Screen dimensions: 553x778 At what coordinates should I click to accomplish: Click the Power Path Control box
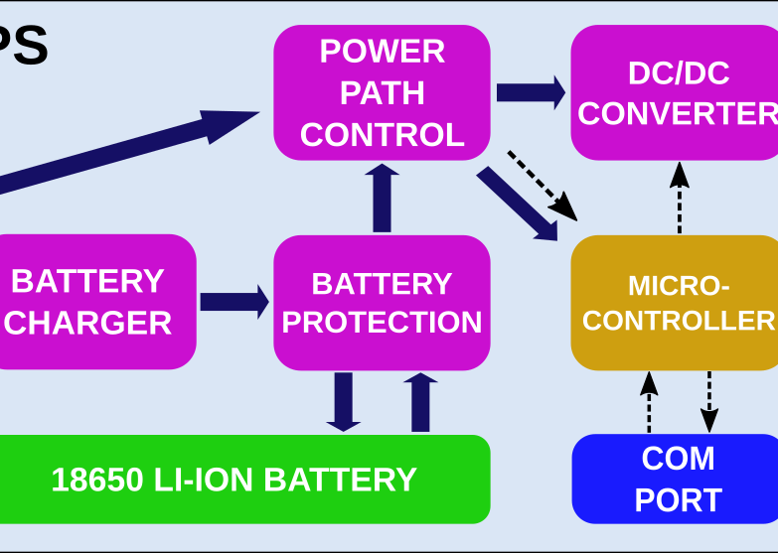click(x=382, y=92)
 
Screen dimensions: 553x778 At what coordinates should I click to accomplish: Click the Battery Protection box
click(x=382, y=302)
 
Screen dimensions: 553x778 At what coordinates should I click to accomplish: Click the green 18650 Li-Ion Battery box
click(x=243, y=480)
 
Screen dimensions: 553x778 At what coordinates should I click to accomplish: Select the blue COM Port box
click(x=676, y=480)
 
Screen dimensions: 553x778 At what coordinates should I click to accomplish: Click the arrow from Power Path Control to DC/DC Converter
click(x=531, y=92)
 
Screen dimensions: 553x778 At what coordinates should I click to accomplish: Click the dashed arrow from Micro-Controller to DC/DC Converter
click(x=680, y=198)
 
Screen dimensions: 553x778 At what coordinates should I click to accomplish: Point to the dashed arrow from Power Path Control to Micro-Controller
click(x=543, y=185)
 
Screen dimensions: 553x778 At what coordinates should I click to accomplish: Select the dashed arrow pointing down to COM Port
click(x=709, y=401)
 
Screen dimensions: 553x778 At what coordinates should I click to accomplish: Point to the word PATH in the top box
click(x=382, y=92)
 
